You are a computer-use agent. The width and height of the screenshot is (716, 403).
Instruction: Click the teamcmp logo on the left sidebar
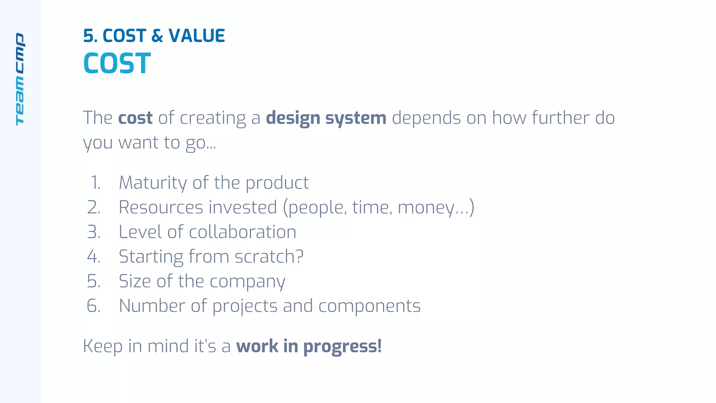click(x=20, y=79)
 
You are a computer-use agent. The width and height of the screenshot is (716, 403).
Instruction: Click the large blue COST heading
click(x=117, y=63)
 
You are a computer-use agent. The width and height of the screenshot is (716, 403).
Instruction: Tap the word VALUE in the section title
click(x=196, y=36)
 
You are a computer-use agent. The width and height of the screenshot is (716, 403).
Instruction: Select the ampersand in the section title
click(x=157, y=36)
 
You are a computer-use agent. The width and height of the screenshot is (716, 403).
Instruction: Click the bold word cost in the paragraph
click(x=135, y=118)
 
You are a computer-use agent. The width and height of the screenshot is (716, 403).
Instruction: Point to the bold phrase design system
click(x=326, y=118)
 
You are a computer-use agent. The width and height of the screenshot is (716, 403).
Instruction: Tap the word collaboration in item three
click(x=243, y=232)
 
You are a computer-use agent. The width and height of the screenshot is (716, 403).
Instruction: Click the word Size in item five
click(x=135, y=281)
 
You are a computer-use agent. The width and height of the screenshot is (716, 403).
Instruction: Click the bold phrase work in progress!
click(x=309, y=346)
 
